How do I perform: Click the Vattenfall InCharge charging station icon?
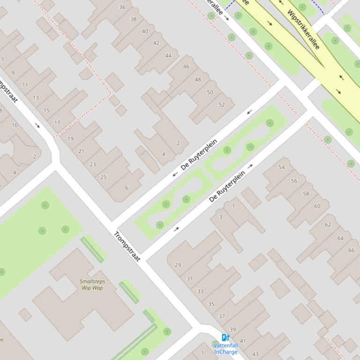coord(225,338)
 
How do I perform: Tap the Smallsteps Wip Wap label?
coord(92,285)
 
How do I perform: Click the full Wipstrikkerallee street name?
coord(303,29)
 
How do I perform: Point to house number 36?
coord(122,7)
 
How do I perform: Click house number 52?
coord(221,105)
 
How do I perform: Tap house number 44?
coord(168,56)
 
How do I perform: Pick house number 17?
coord(57,123)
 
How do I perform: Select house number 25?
coord(103,177)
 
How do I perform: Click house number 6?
coord(126,188)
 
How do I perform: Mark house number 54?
coord(281,167)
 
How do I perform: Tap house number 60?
coord(317,206)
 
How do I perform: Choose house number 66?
coord(351,251)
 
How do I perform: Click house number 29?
coord(178,265)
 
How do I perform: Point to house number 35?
coord(211,304)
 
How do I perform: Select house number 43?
coord(255,354)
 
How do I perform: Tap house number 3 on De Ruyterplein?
coord(221,217)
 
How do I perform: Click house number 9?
coord(13,73)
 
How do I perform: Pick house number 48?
coord(198,79)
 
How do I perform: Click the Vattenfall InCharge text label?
coord(226,349)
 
